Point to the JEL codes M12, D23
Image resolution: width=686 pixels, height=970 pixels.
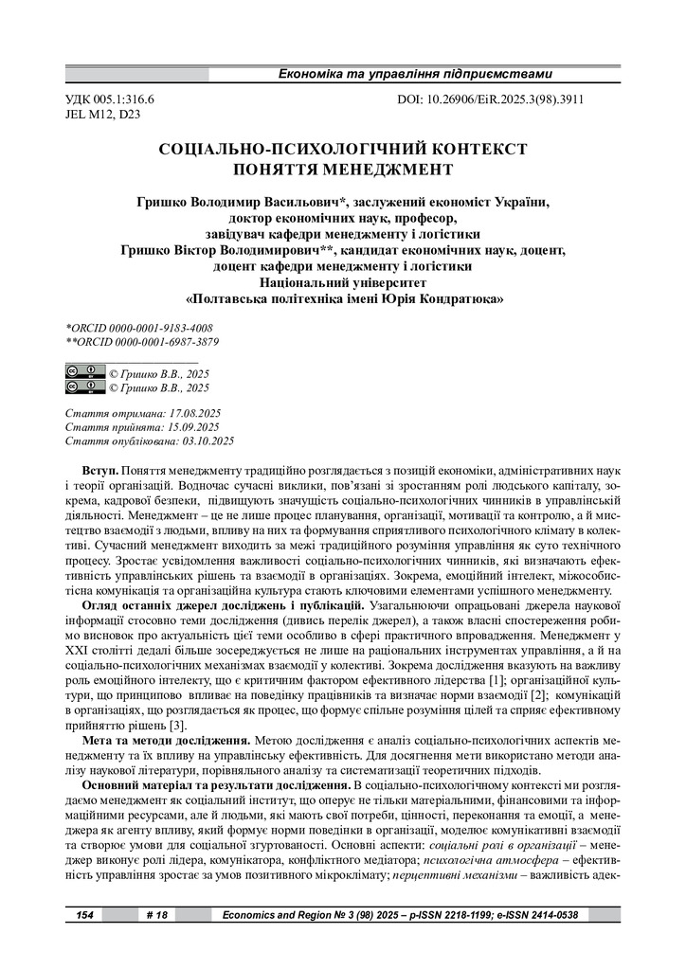[117, 114]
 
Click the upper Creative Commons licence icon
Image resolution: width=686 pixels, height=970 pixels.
[85, 371]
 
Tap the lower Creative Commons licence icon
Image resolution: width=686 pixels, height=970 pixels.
[85, 386]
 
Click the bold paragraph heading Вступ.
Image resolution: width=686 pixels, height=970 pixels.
[99, 471]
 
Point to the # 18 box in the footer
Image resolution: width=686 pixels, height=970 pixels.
[157, 916]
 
